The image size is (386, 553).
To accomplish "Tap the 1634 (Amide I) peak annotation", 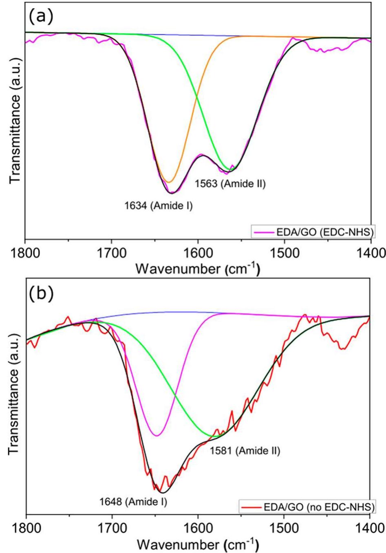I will [159, 206].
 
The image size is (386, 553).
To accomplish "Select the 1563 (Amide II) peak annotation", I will [230, 184].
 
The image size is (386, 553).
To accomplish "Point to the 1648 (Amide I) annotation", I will [133, 502].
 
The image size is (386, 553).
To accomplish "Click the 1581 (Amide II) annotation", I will [245, 451].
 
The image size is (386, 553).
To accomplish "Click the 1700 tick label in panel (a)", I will [112, 253].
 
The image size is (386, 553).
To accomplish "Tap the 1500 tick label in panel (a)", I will [284, 253].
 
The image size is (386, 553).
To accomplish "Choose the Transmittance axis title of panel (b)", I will [15, 399].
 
